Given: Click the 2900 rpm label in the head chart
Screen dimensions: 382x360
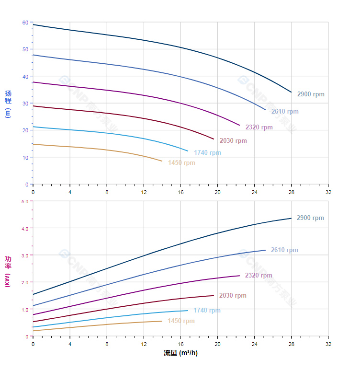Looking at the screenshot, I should (x=310, y=94).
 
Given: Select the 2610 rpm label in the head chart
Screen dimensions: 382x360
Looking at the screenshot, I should (x=284, y=112).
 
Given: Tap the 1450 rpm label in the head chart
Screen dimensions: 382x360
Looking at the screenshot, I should (x=181, y=163).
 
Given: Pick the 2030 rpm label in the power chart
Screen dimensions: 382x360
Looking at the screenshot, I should (x=233, y=296).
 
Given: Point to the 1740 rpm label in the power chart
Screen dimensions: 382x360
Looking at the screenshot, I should (x=207, y=311).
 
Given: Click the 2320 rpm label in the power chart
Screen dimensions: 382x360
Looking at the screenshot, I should (x=259, y=276).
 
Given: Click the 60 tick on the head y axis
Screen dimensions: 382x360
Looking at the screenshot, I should (x=25, y=23).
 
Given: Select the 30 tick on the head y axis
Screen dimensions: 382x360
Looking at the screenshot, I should (x=25, y=104).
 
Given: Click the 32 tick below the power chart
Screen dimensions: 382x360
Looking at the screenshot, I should (x=328, y=344).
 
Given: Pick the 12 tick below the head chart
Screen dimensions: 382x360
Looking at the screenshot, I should (x=144, y=192).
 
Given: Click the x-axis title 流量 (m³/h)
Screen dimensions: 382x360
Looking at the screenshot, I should (x=180, y=353).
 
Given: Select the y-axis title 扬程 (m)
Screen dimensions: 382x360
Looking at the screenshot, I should (x=8, y=104).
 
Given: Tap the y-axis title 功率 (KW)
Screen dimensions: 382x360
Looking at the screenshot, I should (x=8, y=271).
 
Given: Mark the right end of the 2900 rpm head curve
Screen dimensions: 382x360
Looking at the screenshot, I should (x=291, y=92).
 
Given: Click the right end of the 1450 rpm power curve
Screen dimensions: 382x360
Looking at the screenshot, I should (x=162, y=321).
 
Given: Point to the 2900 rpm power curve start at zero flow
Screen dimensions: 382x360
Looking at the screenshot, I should (x=33, y=294).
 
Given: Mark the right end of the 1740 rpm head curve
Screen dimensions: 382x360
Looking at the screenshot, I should (x=188, y=151).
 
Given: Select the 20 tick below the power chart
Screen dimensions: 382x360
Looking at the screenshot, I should (x=217, y=344).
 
